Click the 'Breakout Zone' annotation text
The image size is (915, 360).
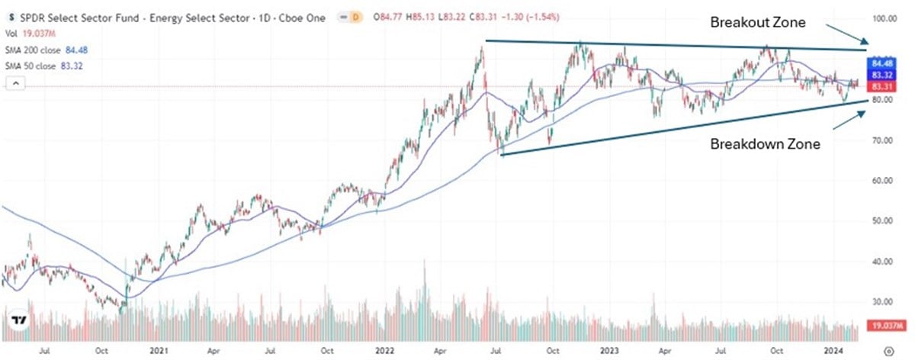(758, 23)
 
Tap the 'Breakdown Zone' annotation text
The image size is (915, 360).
(766, 143)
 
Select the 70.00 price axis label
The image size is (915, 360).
(881, 140)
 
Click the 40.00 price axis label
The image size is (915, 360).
(881, 261)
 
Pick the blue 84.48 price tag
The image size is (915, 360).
(881, 62)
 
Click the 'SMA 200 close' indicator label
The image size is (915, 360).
(37, 52)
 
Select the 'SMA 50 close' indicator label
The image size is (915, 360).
(34, 66)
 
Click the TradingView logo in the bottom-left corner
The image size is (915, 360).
(21, 320)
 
